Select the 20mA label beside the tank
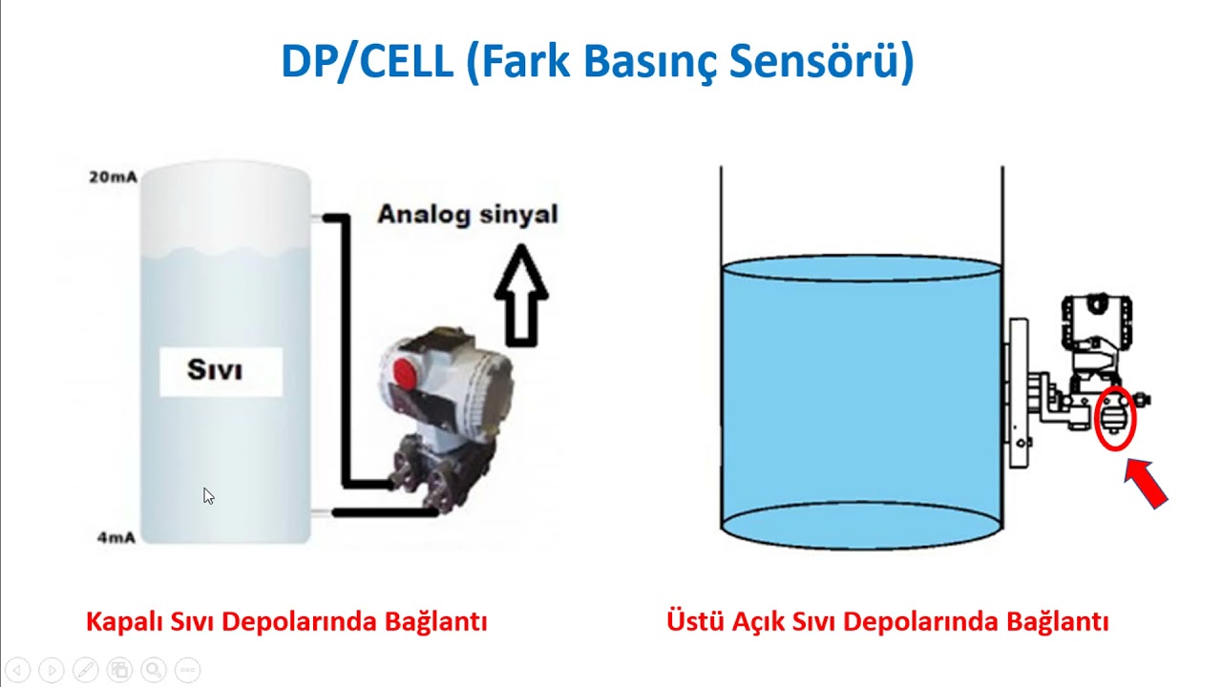point(113,177)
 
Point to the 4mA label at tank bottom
point(116,538)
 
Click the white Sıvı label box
point(221,371)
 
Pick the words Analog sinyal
point(467,214)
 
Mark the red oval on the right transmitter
point(1114,419)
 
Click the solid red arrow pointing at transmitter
point(1147,484)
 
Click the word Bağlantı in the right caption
point(1058,622)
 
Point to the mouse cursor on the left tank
point(208,495)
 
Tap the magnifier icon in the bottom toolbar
point(154,670)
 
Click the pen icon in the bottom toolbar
point(85,670)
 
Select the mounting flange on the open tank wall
point(1017,392)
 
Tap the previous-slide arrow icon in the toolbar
point(18,670)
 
